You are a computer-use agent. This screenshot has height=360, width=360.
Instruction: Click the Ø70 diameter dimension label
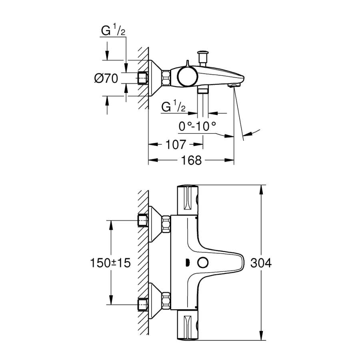[x=106, y=78]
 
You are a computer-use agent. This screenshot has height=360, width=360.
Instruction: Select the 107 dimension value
[x=176, y=144]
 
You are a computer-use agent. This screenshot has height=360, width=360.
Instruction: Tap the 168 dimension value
[x=192, y=160]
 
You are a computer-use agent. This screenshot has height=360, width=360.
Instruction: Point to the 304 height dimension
[x=261, y=263]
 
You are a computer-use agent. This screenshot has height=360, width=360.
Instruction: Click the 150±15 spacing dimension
[x=110, y=263]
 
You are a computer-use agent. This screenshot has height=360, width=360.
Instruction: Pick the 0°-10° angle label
[x=198, y=126]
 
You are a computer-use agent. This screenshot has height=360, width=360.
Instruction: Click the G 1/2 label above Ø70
[x=113, y=31]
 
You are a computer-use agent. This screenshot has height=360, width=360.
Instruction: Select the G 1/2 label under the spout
[x=173, y=106]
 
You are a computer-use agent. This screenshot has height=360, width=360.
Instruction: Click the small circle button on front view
[x=203, y=263]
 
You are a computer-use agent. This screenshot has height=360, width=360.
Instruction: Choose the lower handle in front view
[x=188, y=325]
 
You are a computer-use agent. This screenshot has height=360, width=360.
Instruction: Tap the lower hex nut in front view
[x=166, y=300]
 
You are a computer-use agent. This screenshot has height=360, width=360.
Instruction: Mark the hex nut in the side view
[x=166, y=78]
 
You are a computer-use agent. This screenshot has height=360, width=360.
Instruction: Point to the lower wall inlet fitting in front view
[x=142, y=304]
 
